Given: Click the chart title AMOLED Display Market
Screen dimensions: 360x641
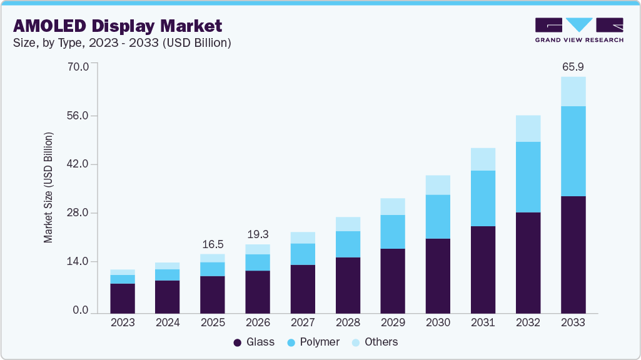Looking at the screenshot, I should click(118, 26).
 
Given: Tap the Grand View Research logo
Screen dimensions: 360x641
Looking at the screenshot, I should click(579, 30).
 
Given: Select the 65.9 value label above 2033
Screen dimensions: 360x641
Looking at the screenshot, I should click(573, 66).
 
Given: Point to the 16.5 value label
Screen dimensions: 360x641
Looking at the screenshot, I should click(212, 244).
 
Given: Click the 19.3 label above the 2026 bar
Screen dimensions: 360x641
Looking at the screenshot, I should click(258, 234).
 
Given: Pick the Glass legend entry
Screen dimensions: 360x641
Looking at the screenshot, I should click(253, 342).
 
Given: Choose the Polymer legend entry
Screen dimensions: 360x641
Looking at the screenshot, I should click(312, 342).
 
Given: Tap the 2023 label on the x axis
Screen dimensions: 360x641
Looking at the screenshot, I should click(122, 322).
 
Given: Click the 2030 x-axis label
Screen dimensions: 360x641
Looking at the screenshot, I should click(438, 322).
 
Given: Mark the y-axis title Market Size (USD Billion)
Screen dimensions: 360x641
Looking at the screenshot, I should click(48, 187).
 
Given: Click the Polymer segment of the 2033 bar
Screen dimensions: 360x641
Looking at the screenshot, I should click(573, 151).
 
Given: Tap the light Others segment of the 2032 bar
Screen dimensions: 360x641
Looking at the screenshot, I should click(528, 128).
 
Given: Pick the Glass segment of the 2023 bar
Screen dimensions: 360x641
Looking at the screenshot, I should click(122, 297).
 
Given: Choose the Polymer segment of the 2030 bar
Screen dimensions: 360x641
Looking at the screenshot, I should click(438, 216).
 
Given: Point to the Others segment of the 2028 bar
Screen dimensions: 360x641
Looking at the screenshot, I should click(348, 224).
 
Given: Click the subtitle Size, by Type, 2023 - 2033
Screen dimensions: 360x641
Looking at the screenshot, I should click(123, 43).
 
